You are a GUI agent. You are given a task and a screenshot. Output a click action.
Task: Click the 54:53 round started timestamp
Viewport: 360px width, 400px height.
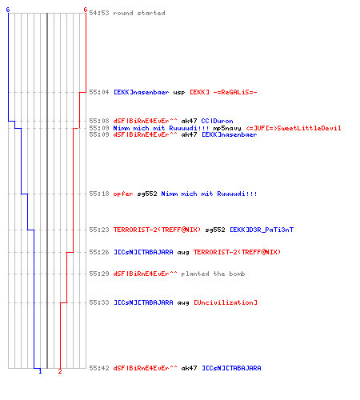coord(99,13)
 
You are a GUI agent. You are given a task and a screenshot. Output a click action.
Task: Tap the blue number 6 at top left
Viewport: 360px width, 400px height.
coord(8,10)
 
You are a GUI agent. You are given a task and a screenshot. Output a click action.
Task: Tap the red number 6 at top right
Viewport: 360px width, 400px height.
coord(86,10)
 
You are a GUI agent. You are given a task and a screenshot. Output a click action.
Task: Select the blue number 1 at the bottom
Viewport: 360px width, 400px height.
coord(40,371)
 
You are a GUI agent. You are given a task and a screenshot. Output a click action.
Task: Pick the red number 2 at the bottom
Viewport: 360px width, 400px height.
coord(60,371)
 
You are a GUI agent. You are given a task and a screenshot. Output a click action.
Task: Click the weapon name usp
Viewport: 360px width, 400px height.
coord(179,93)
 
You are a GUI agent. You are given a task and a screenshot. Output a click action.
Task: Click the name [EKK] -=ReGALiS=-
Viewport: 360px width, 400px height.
coord(223,92)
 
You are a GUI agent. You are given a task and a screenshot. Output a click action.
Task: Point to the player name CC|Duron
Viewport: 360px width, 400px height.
coord(217,121)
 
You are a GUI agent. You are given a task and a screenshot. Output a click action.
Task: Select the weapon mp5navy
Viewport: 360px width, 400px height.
coord(227,128)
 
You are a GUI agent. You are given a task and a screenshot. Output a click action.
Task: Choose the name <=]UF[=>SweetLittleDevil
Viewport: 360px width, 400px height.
coord(294,128)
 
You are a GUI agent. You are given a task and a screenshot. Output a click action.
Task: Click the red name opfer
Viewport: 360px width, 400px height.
coord(123,194)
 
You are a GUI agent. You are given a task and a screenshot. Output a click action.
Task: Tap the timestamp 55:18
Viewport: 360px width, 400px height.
coord(99,194)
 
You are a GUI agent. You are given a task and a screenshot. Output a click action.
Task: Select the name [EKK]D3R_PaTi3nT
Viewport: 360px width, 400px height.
coord(262,230)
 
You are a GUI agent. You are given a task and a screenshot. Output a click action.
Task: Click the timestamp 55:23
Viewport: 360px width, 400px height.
coord(99,230)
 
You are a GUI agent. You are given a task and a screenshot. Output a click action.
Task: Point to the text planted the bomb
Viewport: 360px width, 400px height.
coord(213,274)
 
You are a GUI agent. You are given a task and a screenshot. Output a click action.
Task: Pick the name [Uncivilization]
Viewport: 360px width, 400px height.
coord(226,302)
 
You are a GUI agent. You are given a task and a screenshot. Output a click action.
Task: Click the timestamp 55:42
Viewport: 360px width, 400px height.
coord(99,368)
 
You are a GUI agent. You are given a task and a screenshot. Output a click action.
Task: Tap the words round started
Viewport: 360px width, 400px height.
coord(139,13)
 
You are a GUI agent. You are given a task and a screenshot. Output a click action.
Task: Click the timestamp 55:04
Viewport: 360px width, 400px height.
coord(99,92)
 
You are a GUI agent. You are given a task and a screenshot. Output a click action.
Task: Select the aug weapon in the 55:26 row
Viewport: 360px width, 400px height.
coord(183,253)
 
